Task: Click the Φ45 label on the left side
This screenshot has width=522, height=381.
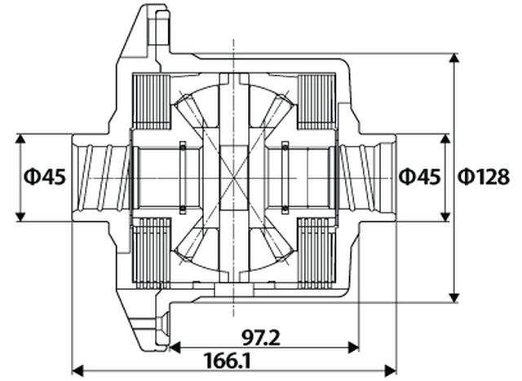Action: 43,176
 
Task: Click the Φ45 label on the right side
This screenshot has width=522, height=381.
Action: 419,176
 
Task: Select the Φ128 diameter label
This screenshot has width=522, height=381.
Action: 483,176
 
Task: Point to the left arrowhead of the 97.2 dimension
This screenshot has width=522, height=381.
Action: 174,347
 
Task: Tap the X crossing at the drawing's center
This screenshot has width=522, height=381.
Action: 234,177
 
